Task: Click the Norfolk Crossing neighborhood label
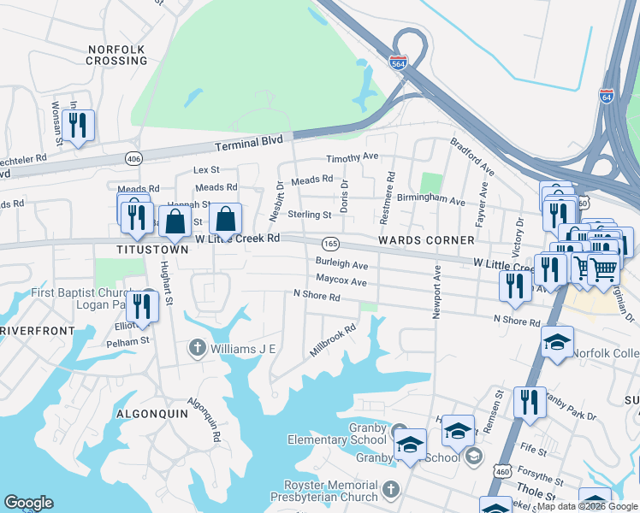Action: pos(116,55)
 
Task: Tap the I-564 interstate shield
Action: pos(397,63)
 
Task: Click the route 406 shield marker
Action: pos(133,158)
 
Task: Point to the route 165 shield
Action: pos(331,245)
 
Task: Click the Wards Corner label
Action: pos(415,240)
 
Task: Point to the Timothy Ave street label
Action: pos(352,157)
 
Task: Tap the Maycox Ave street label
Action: pos(341,281)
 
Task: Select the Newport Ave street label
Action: pos(436,292)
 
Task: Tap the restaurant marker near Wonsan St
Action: pos(78,126)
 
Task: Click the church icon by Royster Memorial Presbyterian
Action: pos(390,490)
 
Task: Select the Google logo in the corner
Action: pos(28,503)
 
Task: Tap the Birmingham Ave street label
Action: pos(436,203)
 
